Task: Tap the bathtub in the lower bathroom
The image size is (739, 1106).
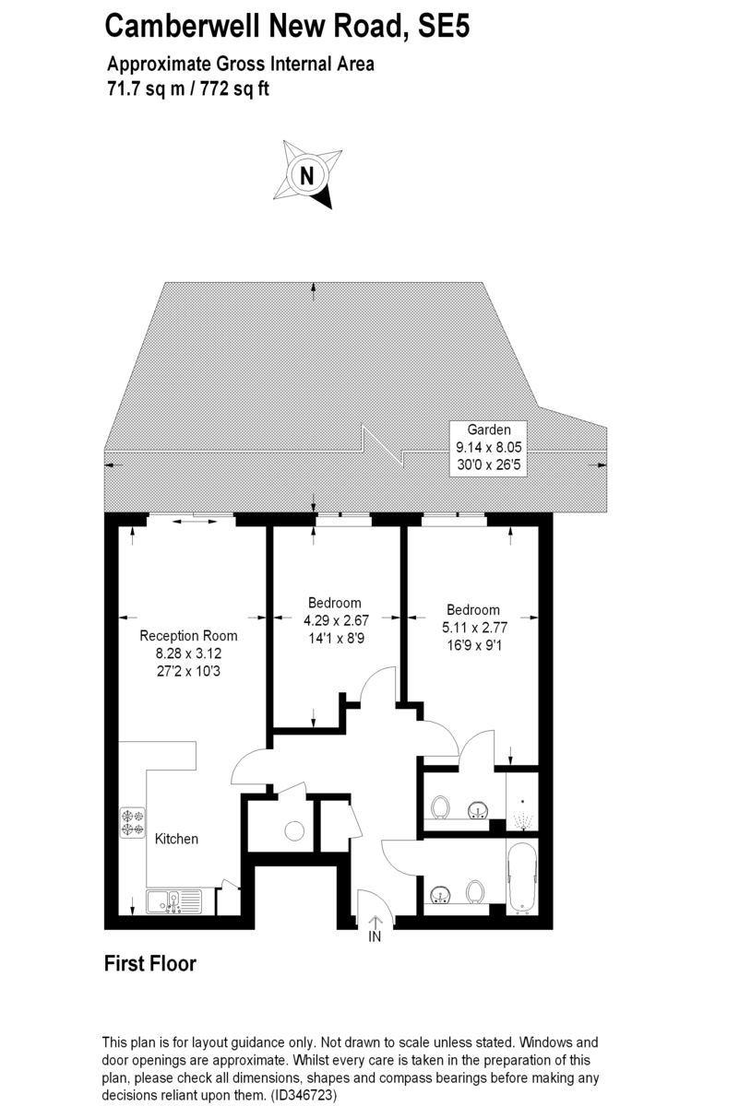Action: tap(521, 878)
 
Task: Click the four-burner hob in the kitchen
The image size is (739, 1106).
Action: tap(133, 823)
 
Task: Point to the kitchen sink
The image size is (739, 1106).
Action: tap(172, 901)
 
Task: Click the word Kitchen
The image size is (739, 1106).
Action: tap(176, 839)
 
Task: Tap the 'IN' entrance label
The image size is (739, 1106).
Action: tap(375, 937)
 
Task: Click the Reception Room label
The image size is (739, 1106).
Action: tap(188, 636)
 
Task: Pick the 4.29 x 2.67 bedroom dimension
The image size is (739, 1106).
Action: tap(335, 620)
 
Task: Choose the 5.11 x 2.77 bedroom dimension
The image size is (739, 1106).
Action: tap(473, 627)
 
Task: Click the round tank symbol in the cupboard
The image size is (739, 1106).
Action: tap(294, 831)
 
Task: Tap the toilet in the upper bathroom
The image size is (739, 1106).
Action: tap(440, 808)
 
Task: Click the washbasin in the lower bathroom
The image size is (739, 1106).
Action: tap(440, 892)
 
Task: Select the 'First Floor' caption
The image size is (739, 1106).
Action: tap(149, 964)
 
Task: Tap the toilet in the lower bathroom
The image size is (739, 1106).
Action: tap(476, 892)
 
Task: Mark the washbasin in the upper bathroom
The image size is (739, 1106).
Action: tap(478, 809)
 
